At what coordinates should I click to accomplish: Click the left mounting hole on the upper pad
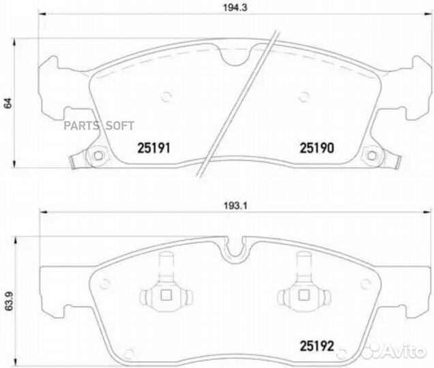click(97, 157)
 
